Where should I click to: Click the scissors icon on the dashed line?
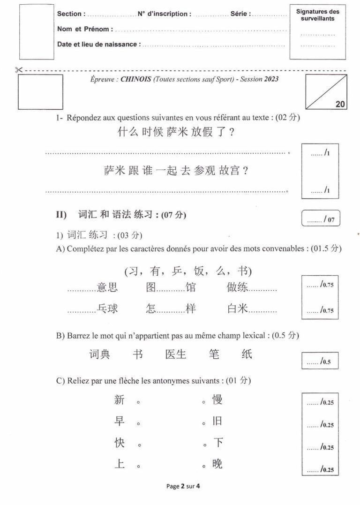click(x=19, y=70)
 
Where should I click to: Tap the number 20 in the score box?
click(x=340, y=105)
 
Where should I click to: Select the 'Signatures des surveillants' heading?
click(x=317, y=15)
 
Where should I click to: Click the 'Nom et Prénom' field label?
click(x=84, y=29)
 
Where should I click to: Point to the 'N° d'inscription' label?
click(x=164, y=14)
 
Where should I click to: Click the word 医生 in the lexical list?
click(x=176, y=354)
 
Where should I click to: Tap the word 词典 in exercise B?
click(x=99, y=354)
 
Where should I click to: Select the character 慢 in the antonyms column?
click(x=217, y=400)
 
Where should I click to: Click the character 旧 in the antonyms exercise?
click(x=217, y=422)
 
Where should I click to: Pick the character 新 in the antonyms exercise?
click(x=119, y=400)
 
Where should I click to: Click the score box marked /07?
click(x=321, y=219)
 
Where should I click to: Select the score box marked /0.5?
click(x=321, y=361)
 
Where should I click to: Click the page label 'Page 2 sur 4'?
click(x=183, y=486)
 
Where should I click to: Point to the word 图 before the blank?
click(x=150, y=287)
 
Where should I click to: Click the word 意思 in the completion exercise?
click(x=107, y=287)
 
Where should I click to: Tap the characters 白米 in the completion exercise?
click(x=237, y=309)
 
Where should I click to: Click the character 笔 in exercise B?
click(x=214, y=354)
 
